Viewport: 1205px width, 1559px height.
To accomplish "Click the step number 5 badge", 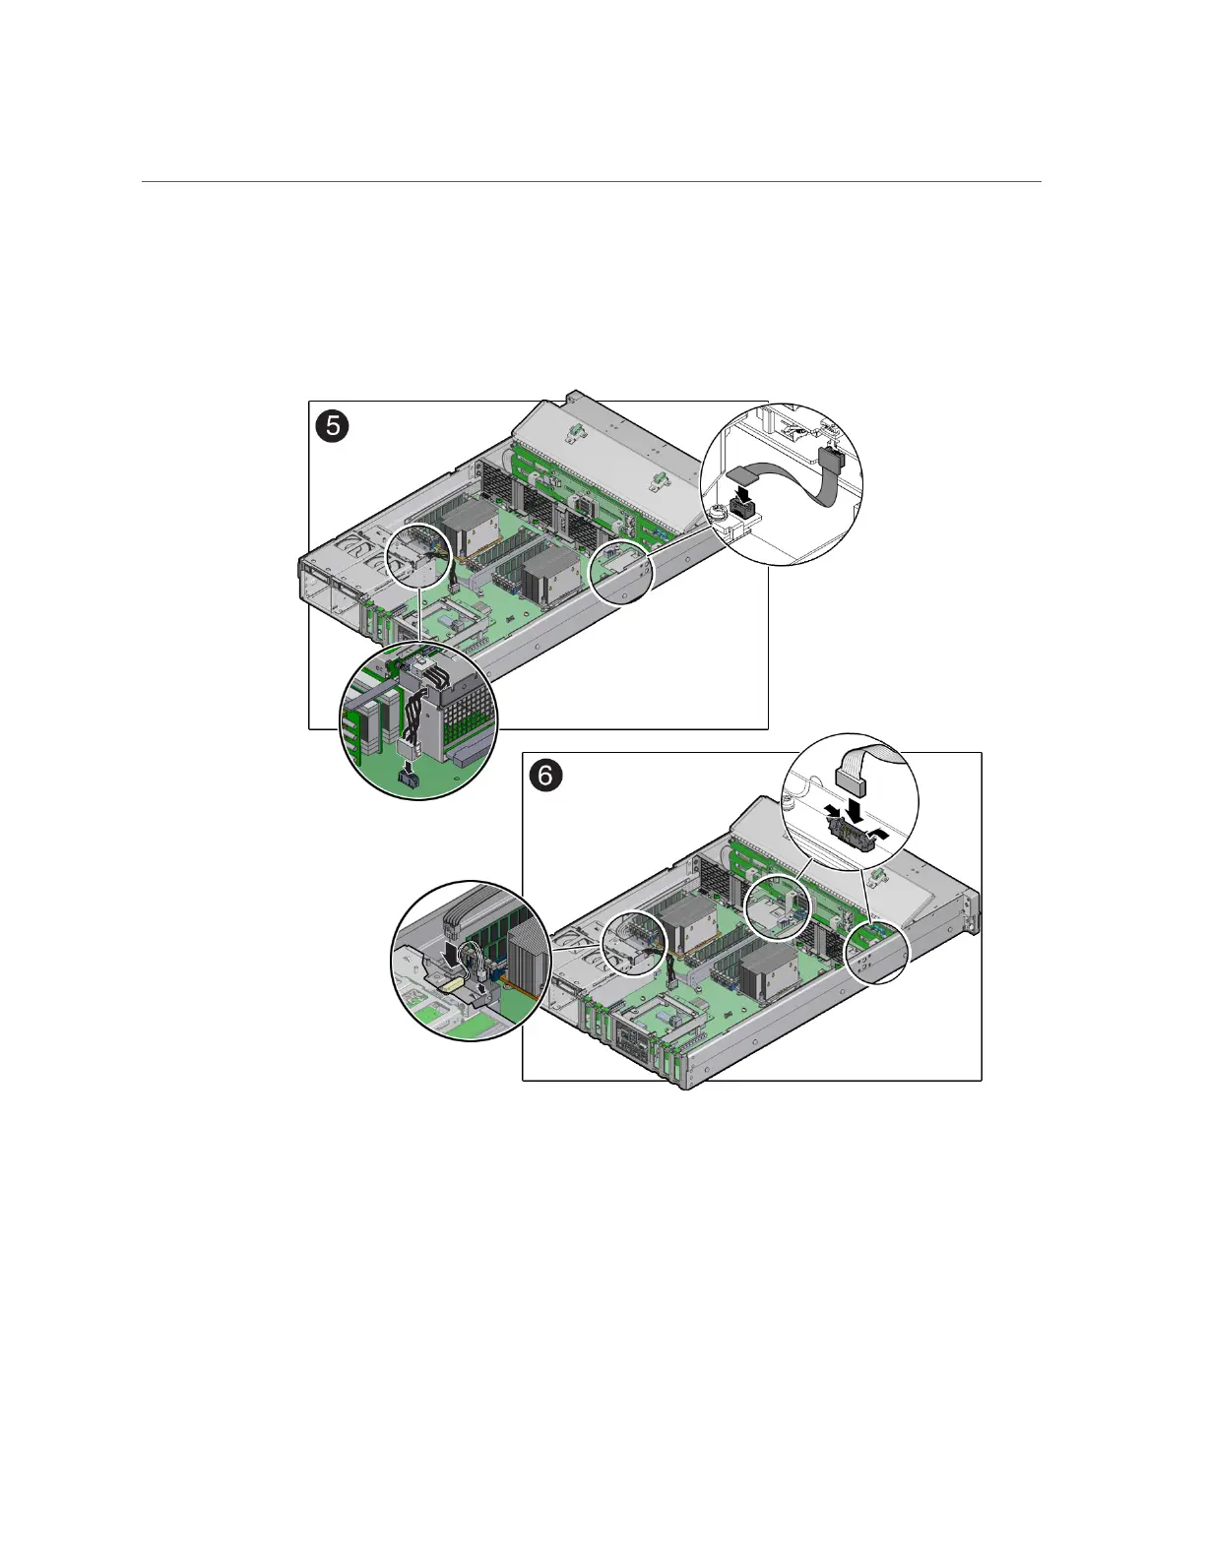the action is pos(333,427).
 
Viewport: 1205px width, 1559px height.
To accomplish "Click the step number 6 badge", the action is pos(546,777).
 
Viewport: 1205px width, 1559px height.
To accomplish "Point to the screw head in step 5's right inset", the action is pos(717,515).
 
